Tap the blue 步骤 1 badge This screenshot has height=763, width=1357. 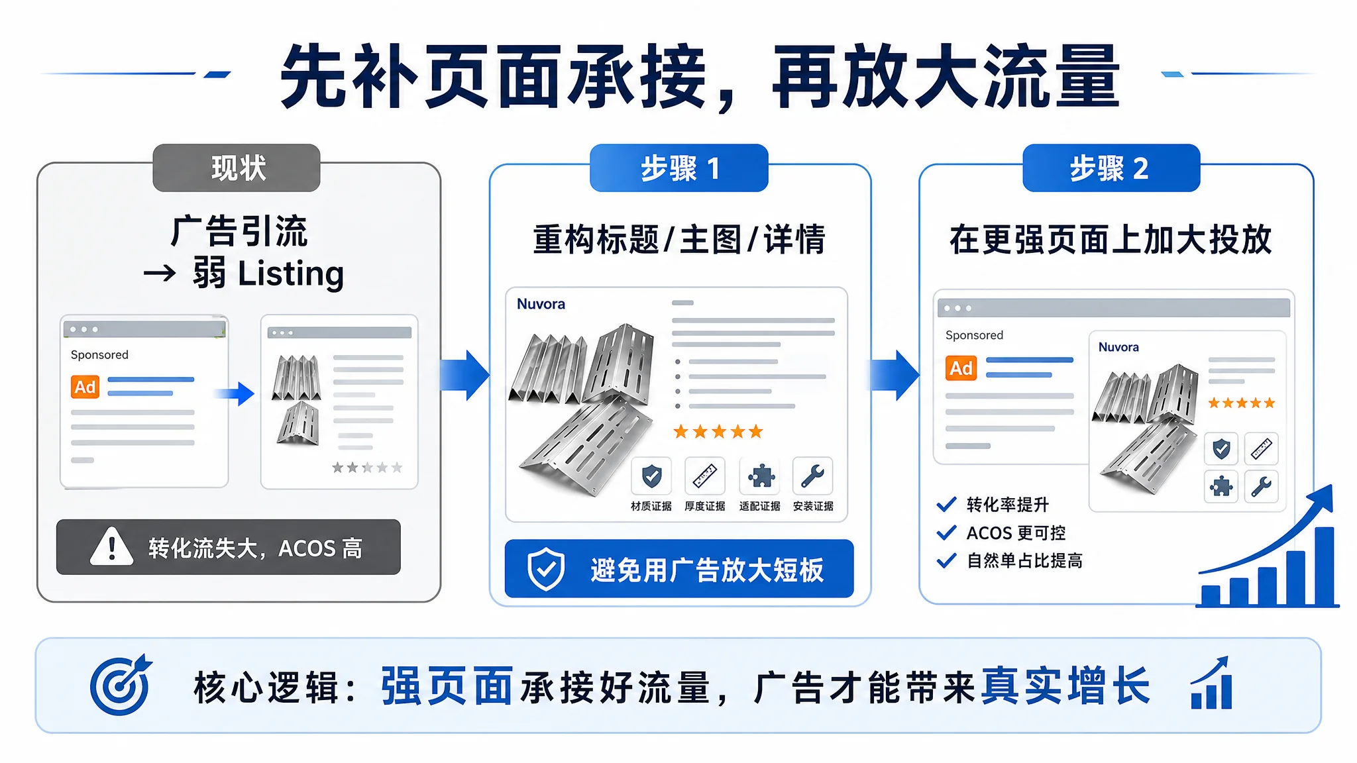pyautogui.click(x=679, y=168)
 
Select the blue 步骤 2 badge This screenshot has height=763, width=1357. pyautogui.click(x=1111, y=168)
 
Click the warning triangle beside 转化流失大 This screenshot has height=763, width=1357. pyautogui.click(x=112, y=546)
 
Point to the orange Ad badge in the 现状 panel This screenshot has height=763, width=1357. pyautogui.click(x=85, y=387)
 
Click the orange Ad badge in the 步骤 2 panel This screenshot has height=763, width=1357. pyautogui.click(x=961, y=368)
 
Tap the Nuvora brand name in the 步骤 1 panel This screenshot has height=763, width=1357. pyautogui.click(x=541, y=304)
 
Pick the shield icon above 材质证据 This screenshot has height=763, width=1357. pyautogui.click(x=651, y=476)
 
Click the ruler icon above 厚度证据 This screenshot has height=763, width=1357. pyautogui.click(x=705, y=476)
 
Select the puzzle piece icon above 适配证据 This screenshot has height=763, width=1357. pyautogui.click(x=759, y=476)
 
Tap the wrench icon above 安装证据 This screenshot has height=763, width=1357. pyautogui.click(x=813, y=476)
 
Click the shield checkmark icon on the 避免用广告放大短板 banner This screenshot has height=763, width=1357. pyautogui.click(x=546, y=569)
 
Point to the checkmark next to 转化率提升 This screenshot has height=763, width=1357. pyautogui.click(x=947, y=504)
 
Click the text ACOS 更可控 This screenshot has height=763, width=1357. pyautogui.click(x=1016, y=533)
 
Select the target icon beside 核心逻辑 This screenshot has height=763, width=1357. pyautogui.click(x=121, y=686)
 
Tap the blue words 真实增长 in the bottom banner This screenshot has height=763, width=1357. pyautogui.click(x=1065, y=686)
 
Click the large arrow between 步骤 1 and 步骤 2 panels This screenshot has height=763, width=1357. pyautogui.click(x=895, y=375)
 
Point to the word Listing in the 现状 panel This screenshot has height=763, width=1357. pyautogui.click(x=291, y=274)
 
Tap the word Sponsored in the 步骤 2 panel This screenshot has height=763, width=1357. pyautogui.click(x=974, y=335)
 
